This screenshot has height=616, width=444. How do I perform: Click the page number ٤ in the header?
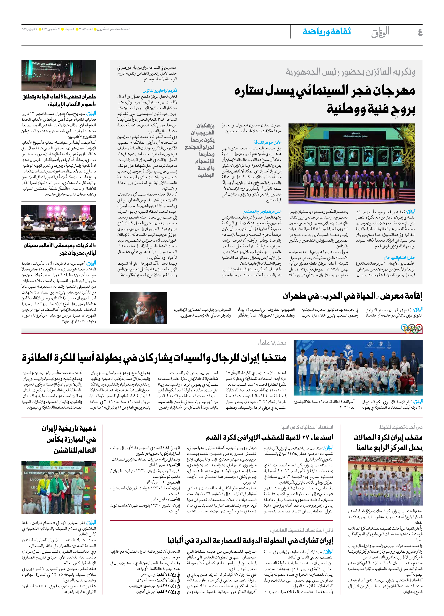tap(420, 32)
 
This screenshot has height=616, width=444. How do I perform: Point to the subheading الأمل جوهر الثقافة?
tap(267, 142)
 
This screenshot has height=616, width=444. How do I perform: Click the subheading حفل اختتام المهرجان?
tap(399, 258)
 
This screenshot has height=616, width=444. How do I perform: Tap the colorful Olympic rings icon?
tap(411, 329)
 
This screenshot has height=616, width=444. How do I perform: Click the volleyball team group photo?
tap(358, 368)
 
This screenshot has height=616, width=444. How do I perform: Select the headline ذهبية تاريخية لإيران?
tap(68, 428)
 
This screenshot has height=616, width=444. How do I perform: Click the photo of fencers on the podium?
tap(59, 488)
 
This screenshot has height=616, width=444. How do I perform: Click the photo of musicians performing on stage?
tap(59, 222)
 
